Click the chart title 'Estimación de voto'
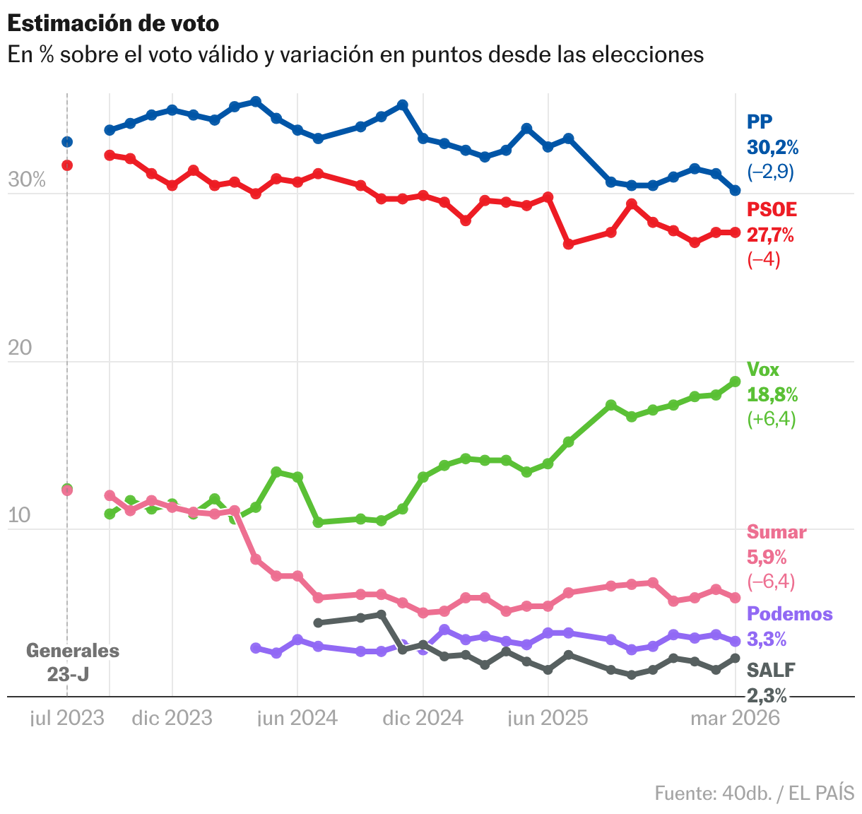113,23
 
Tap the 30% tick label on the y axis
27,180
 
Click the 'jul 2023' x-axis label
67,718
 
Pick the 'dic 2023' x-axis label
172,718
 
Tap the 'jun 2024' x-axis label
297,718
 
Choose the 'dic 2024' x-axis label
423,718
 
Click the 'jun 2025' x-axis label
548,718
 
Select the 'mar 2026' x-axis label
735,718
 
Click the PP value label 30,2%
773,147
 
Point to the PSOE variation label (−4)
764,259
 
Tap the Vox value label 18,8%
772,394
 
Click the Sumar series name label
777,532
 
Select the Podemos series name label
790,613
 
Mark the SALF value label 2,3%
767,696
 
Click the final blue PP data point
735,190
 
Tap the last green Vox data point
735,382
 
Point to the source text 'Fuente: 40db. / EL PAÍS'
754,793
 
